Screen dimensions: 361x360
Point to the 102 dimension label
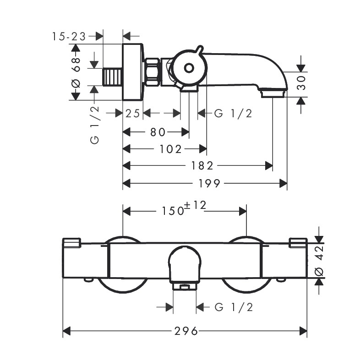click(x=172, y=149)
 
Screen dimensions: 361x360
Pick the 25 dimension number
click(x=132, y=113)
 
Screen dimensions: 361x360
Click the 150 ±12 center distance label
click(x=183, y=209)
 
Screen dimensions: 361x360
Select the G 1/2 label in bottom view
click(x=234, y=307)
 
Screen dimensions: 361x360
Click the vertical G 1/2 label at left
click(x=95, y=125)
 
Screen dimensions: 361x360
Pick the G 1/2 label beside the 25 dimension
click(x=233, y=113)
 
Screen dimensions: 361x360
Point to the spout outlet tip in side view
click(x=273, y=94)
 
